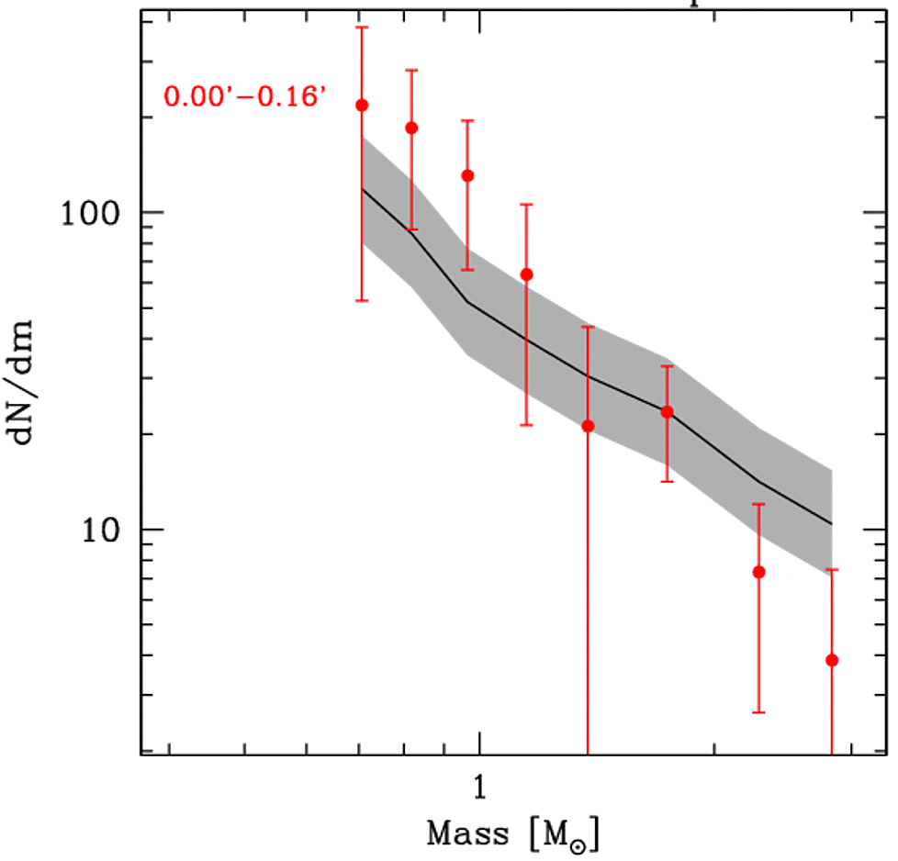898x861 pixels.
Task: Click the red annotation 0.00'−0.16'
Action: coord(245,95)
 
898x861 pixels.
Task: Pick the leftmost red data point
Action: coord(362,105)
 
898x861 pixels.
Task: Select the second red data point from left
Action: coord(411,128)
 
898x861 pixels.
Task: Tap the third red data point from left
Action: coord(467,175)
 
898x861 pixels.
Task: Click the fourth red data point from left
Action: coord(526,274)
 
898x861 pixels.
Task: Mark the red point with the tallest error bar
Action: coord(588,426)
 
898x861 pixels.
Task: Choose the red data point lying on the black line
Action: coord(667,411)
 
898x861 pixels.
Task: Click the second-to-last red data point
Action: coord(758,572)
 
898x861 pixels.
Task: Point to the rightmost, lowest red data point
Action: coord(832,660)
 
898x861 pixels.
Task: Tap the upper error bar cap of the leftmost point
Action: coord(362,28)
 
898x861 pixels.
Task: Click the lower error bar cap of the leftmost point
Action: coord(362,300)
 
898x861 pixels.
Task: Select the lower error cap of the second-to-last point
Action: coord(758,712)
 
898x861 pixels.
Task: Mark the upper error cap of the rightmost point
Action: coord(832,570)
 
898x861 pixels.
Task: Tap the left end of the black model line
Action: coord(363,189)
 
